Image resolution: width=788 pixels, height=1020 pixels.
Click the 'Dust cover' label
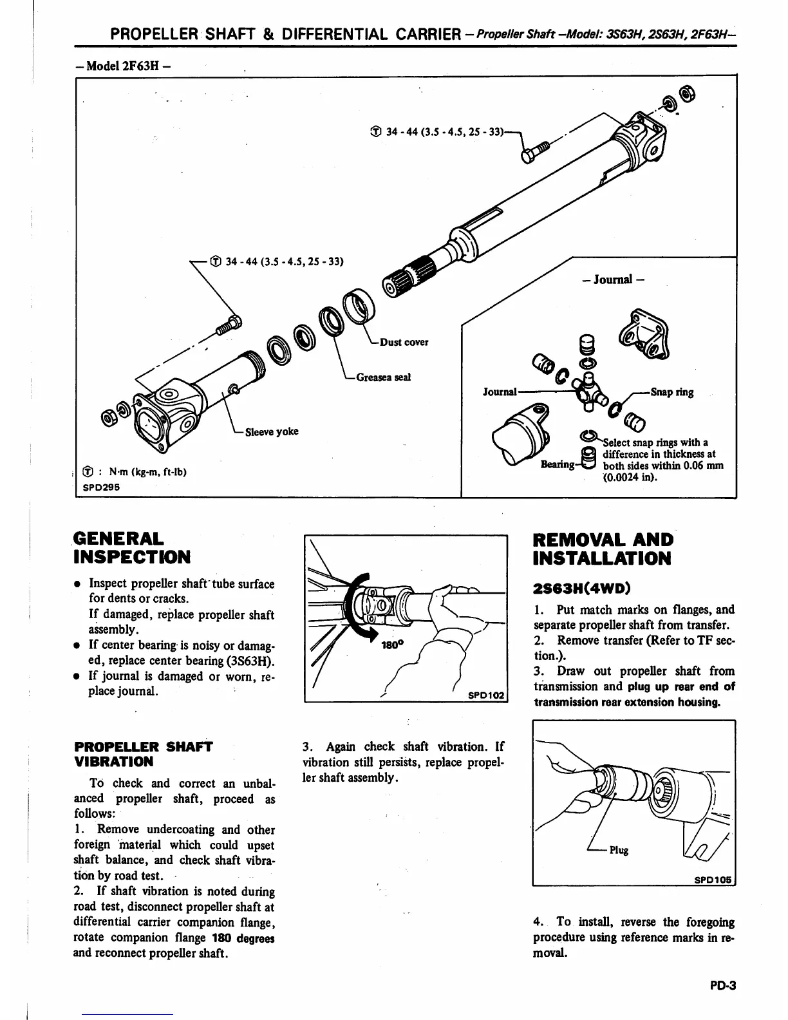point(404,342)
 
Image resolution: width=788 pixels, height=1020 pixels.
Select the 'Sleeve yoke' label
point(272,431)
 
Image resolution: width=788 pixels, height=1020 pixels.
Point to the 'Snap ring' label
point(672,392)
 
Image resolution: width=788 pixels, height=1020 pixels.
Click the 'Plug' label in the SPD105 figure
point(619,850)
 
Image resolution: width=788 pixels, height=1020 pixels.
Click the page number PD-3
point(722,985)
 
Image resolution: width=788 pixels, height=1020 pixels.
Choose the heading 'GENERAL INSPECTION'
point(132,547)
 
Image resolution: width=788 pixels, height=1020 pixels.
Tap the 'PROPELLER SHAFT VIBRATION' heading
point(143,754)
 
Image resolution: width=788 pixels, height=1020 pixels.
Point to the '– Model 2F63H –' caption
point(123,66)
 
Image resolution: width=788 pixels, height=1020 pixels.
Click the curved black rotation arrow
point(356,609)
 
